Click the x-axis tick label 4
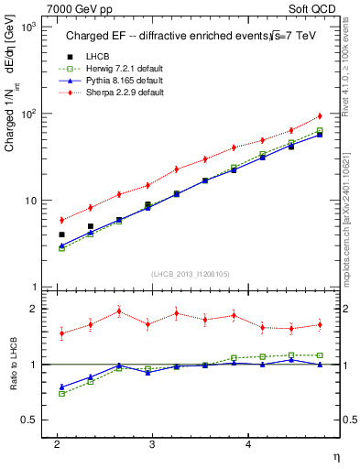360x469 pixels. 248,444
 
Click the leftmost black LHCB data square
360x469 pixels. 61,234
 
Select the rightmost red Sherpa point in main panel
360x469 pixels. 320,116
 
